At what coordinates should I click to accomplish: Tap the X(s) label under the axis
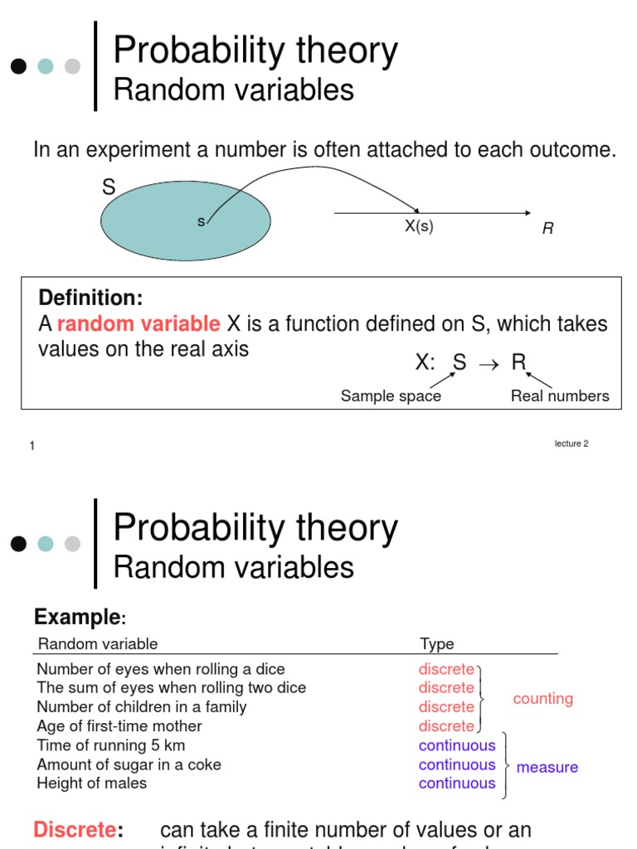419,226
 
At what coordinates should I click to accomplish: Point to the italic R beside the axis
547,229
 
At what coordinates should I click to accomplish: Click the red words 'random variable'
139,324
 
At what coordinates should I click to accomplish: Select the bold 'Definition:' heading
90,298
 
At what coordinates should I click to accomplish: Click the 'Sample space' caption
391,396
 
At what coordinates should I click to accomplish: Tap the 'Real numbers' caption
560,396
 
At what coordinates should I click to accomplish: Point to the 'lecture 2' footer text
571,444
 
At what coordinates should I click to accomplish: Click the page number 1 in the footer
32,446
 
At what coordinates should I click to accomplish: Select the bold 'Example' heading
77,618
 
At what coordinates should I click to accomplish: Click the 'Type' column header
437,644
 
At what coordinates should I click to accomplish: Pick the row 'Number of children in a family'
142,707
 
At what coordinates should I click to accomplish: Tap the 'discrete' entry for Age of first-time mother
446,726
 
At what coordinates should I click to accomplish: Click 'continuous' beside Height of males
457,784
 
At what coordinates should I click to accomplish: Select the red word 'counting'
542,699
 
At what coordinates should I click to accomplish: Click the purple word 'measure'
547,768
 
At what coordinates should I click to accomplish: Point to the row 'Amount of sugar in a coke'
129,764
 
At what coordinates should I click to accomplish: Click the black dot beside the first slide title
19,66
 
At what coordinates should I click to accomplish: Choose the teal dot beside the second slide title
46,544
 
